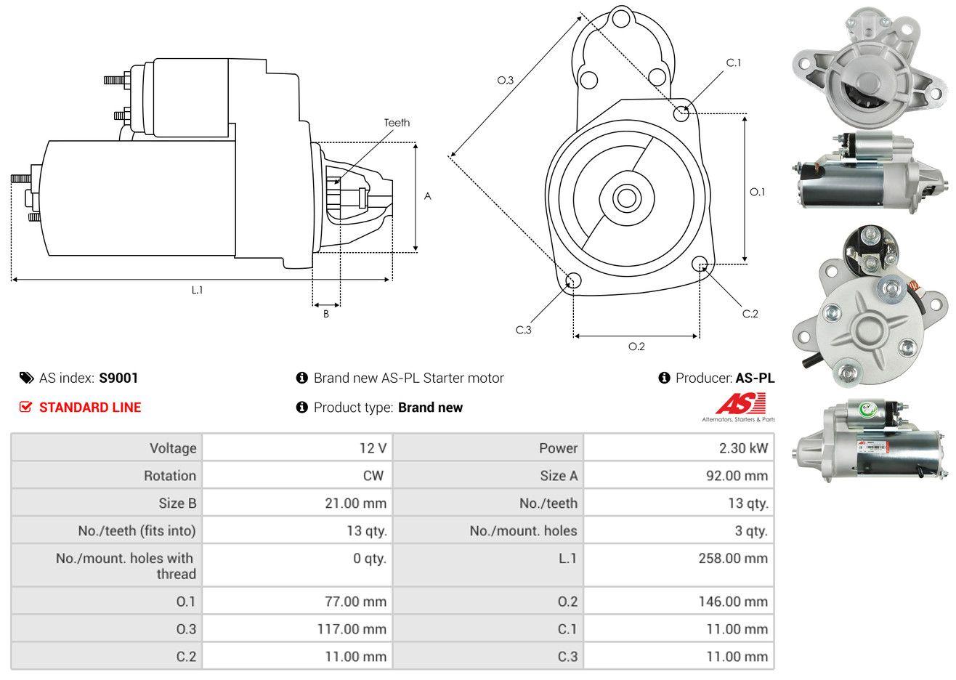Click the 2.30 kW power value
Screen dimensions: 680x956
click(743, 448)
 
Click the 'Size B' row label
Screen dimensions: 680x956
click(177, 503)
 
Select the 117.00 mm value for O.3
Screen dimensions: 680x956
click(352, 628)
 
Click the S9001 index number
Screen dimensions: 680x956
click(118, 378)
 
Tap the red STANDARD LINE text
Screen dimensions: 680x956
click(90, 408)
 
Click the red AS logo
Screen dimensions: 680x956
click(740, 403)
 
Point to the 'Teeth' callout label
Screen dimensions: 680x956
click(397, 123)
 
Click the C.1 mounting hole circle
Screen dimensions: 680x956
click(681, 113)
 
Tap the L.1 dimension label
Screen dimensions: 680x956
click(197, 290)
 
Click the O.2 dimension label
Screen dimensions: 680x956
click(636, 347)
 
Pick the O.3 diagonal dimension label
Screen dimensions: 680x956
click(505, 81)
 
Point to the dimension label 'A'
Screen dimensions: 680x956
click(428, 196)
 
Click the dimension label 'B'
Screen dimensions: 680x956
click(326, 314)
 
